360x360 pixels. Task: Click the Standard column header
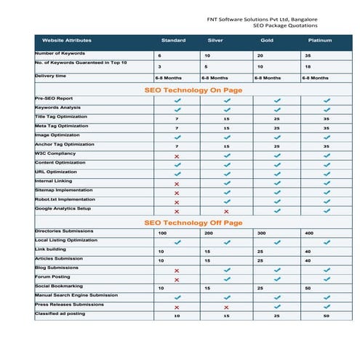[x=173, y=40]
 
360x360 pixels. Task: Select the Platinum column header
[x=320, y=40]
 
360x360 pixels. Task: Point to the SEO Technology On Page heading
[x=193, y=90]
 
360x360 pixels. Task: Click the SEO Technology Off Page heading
[x=193, y=222]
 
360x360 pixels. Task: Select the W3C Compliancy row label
[x=55, y=153]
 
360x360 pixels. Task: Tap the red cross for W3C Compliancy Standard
[x=177, y=156]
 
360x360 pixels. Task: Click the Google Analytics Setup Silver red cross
[x=226, y=211]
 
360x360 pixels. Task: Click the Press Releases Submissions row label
[x=69, y=304]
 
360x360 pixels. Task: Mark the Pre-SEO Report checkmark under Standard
[x=177, y=100]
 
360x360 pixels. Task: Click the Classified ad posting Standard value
[x=177, y=316]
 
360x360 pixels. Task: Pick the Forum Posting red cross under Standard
[x=177, y=279]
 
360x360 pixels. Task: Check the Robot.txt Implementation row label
[x=65, y=199]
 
